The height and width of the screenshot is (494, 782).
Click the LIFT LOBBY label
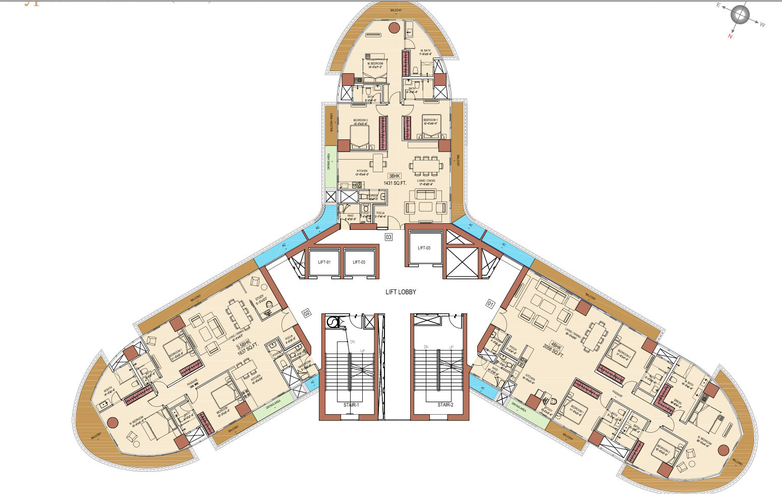[x=401, y=292]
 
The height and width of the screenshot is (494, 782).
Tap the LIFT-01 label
[x=324, y=262]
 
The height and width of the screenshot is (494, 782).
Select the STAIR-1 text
[x=351, y=405]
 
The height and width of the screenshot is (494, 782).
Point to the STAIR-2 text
[x=445, y=405]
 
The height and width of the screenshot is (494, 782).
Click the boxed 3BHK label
[x=395, y=176]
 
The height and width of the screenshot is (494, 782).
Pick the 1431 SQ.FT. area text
[x=395, y=183]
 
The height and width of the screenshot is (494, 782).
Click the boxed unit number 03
[x=388, y=237]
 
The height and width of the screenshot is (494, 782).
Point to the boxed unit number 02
[x=306, y=313]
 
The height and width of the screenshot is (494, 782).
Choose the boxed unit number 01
[x=490, y=304]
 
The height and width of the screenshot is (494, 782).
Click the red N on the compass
[x=730, y=36]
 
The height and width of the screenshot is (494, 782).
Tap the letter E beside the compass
[x=719, y=6]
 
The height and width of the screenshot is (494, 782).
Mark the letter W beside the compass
[x=762, y=25]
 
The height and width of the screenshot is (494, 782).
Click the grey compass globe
[x=740, y=15]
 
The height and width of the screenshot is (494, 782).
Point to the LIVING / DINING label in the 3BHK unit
[x=426, y=181]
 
